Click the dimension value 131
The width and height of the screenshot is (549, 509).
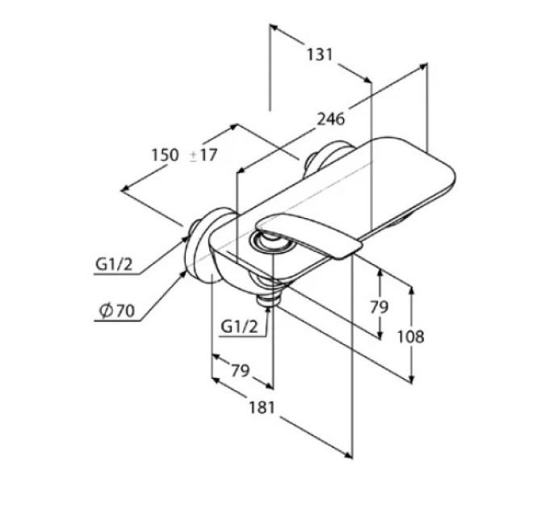click(320, 55)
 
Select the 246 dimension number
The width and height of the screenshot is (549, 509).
click(331, 119)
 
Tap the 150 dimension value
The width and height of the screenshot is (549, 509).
click(165, 155)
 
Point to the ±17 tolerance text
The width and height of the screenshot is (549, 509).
click(203, 155)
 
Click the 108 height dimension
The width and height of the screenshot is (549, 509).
click(411, 337)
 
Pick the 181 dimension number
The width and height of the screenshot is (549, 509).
click(262, 407)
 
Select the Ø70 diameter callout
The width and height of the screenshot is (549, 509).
click(117, 310)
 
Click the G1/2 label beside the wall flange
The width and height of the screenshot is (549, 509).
click(114, 264)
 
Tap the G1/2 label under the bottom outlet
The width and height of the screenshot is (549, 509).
click(240, 327)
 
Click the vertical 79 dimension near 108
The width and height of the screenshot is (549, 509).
click(379, 307)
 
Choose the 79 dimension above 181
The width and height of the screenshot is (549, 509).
click(240, 370)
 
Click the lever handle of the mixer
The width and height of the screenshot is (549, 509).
click(308, 234)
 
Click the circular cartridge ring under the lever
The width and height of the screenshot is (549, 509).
click(272, 242)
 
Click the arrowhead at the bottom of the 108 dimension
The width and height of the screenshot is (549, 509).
click(412, 380)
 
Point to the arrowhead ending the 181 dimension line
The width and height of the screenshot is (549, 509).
click(348, 455)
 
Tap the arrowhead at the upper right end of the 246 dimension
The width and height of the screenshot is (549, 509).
click(423, 66)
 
